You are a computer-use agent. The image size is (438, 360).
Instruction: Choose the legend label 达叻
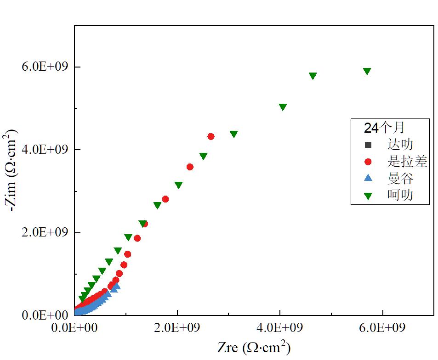(x=400, y=145)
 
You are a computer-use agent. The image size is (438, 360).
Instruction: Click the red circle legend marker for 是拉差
(x=368, y=162)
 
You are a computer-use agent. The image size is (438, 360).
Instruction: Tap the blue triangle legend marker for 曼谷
(x=368, y=179)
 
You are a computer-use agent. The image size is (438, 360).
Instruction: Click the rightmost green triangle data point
(x=367, y=71)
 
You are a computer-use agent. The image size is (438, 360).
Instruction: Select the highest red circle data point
(x=211, y=136)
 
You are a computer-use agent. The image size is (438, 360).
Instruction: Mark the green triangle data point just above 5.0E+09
(x=283, y=107)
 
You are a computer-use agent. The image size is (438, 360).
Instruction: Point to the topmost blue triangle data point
(x=116, y=287)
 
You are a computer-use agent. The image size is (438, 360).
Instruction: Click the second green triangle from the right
(x=313, y=76)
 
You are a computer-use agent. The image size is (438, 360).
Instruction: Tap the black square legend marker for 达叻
(x=368, y=145)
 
